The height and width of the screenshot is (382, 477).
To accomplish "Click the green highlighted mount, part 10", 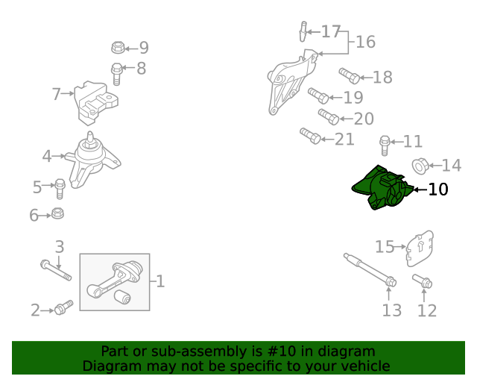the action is click(382, 188).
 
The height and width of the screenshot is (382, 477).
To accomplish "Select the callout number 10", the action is click(437, 190).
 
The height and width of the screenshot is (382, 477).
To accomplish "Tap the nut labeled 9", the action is click(118, 48).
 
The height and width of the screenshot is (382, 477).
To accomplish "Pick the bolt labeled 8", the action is click(117, 74).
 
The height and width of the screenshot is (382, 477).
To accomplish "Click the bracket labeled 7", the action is click(95, 103).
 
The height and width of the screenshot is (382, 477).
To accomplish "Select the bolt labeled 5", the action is click(60, 189).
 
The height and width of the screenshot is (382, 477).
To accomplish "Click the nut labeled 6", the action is click(57, 213).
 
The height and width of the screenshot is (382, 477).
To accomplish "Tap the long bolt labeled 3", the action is click(56, 270).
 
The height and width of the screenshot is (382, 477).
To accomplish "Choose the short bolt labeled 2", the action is click(63, 307).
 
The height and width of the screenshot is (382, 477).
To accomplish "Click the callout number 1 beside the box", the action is click(160, 281).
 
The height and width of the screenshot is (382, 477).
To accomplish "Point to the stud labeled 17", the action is click(303, 31).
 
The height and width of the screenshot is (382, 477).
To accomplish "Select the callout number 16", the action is click(365, 42).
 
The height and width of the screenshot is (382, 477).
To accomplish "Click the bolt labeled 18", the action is click(350, 76).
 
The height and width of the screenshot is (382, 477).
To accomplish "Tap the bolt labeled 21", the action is click(310, 136).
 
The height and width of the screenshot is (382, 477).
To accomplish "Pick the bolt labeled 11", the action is click(385, 145).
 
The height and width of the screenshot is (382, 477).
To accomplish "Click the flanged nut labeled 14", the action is click(420, 166).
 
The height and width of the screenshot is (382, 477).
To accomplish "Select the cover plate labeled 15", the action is click(420, 248).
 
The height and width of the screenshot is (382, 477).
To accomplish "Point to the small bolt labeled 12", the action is click(423, 281).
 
